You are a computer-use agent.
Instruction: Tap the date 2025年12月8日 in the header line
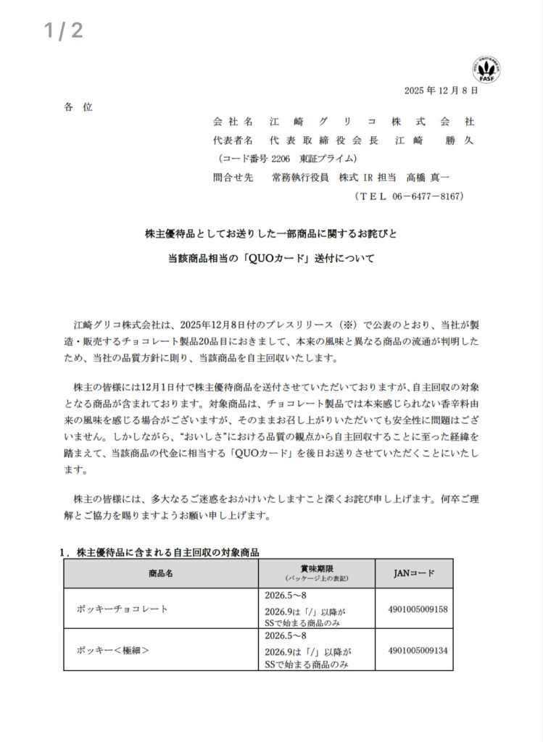(441, 91)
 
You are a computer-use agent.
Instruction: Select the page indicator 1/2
(64, 30)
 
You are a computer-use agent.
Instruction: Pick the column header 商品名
(160, 573)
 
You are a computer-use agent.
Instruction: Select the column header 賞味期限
(316, 569)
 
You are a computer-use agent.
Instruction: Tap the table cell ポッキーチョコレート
(123, 609)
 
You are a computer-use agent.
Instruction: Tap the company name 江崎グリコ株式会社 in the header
(372, 122)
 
